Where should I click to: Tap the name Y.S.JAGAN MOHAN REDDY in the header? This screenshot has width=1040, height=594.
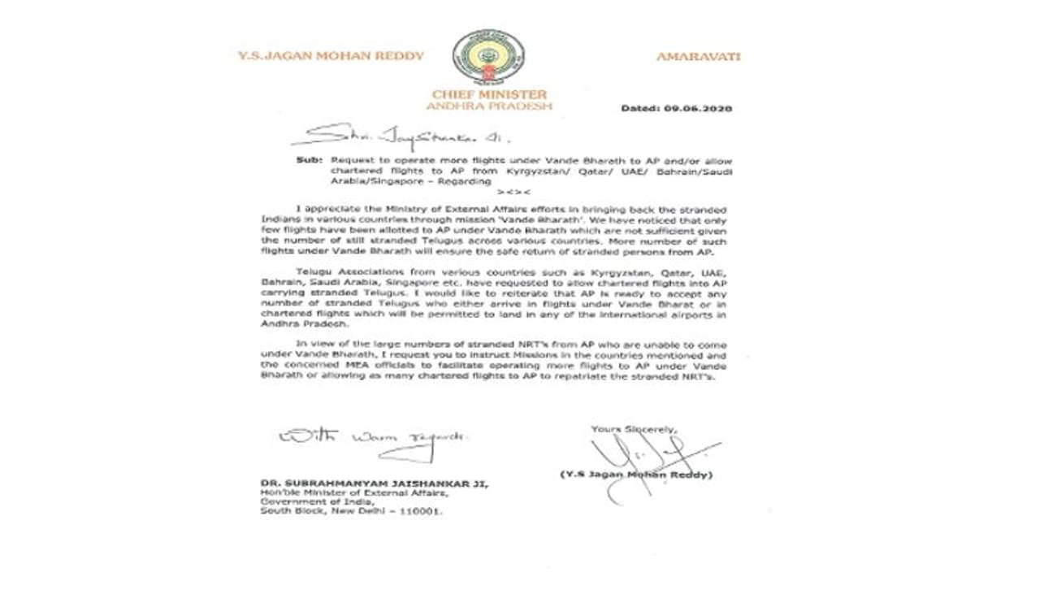(331, 56)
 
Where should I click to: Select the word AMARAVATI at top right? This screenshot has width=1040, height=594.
(698, 57)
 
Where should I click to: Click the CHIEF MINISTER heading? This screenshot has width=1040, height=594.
(489, 94)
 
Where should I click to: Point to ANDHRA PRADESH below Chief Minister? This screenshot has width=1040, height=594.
(488, 106)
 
